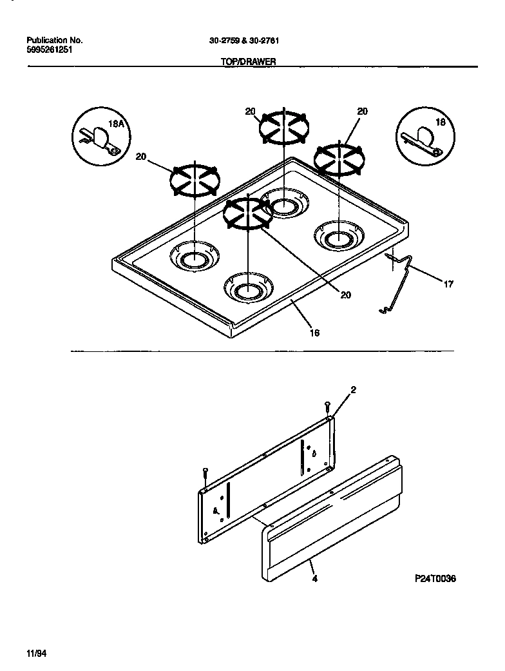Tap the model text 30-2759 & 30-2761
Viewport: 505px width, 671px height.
pyautogui.click(x=244, y=40)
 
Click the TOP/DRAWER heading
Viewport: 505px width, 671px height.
pyautogui.click(x=248, y=63)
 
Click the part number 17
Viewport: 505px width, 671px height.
pyautogui.click(x=448, y=283)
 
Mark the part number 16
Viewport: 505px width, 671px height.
pyautogui.click(x=315, y=333)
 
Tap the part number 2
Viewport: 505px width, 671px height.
pyautogui.click(x=353, y=390)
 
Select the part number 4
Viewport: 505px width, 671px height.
pyautogui.click(x=314, y=578)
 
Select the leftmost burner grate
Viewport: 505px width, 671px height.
pyautogui.click(x=195, y=179)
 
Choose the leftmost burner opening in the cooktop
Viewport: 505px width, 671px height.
pyautogui.click(x=194, y=258)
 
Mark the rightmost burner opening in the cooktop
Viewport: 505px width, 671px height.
pyautogui.click(x=336, y=237)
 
